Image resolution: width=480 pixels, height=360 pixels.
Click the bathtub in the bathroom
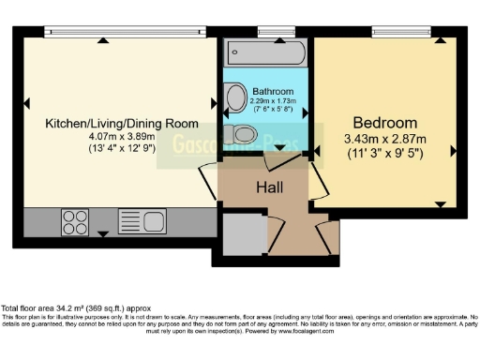click(x=264, y=51)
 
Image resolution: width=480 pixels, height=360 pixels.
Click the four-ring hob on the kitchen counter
click(x=74, y=221)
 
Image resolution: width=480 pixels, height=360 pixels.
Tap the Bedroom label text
click(x=384, y=123)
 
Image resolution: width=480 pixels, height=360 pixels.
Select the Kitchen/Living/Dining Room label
click(x=122, y=123)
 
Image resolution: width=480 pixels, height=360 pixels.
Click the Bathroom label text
click(x=272, y=92)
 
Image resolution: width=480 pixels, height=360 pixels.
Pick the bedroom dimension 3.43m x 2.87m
click(x=384, y=140)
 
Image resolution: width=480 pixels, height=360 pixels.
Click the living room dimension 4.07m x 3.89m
click(x=122, y=135)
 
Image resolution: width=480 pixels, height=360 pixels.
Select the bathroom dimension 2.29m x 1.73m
click(x=273, y=100)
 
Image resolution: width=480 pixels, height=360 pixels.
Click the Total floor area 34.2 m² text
click(x=75, y=308)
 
